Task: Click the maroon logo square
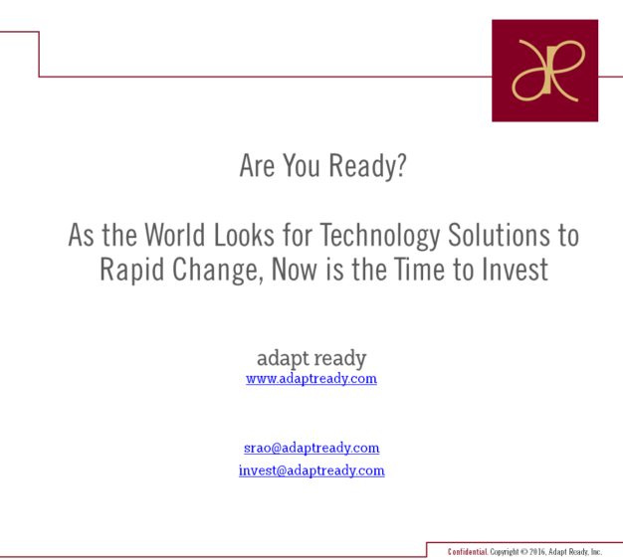[x=544, y=71]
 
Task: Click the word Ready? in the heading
[x=368, y=166]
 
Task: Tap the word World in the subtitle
[x=175, y=235]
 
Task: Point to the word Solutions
[x=499, y=235]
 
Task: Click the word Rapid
[x=132, y=271]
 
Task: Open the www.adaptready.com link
[x=311, y=379]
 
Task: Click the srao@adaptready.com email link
[x=311, y=448]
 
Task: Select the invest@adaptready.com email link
[x=311, y=470]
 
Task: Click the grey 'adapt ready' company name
[x=311, y=359]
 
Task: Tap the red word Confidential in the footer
[x=468, y=552]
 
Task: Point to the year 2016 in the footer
[x=536, y=552]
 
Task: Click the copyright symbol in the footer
[x=524, y=552]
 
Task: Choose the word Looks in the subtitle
[x=245, y=235]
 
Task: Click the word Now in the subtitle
[x=295, y=270]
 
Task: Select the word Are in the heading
[x=257, y=166]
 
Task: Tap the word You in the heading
[x=302, y=166]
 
